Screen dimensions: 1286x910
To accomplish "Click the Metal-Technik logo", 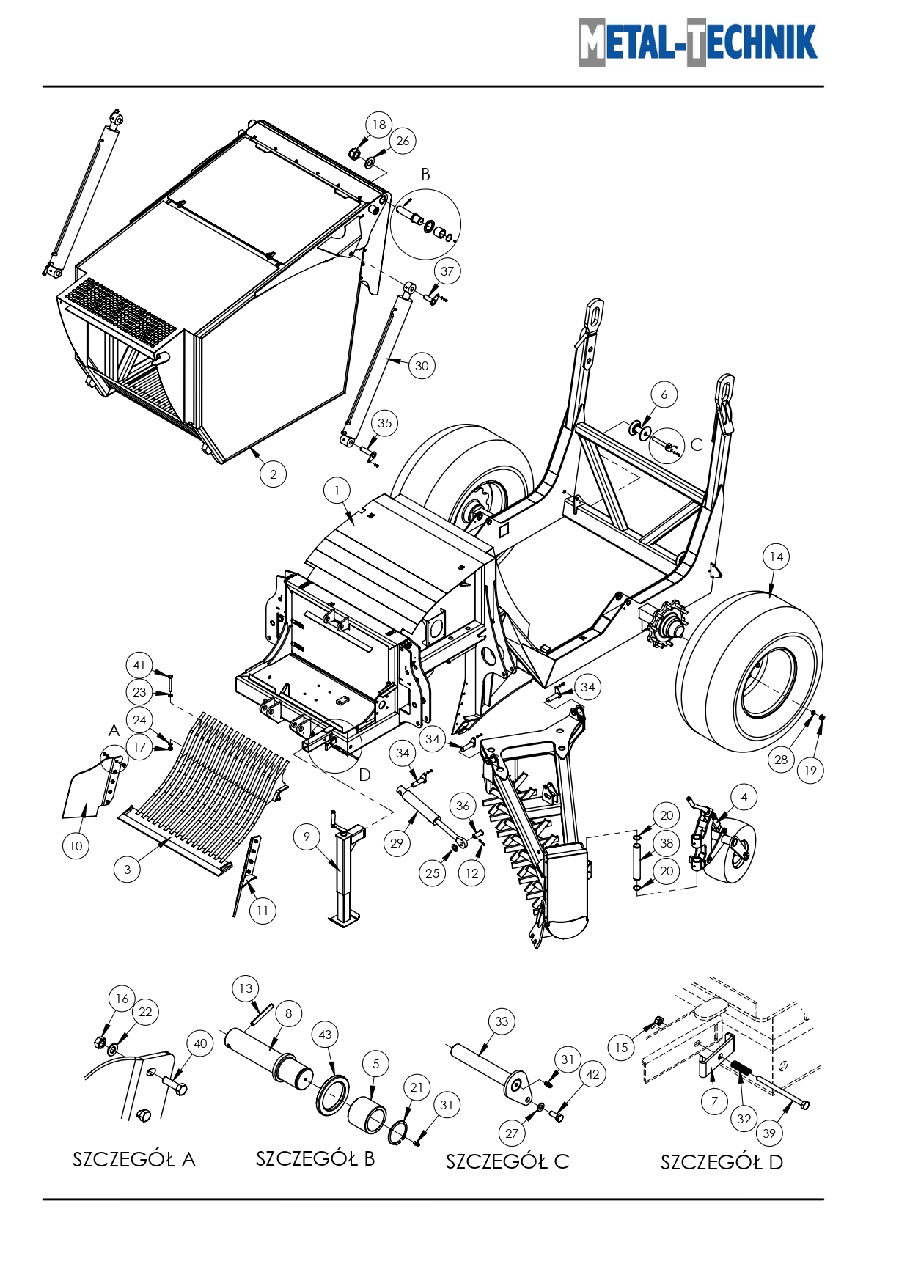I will click(x=697, y=42).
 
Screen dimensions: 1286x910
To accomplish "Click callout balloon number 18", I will click(x=378, y=125).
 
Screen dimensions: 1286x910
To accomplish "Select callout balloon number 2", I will click(x=273, y=474).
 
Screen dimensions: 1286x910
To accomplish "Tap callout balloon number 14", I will click(x=776, y=556).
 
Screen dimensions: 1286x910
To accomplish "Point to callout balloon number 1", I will click(x=337, y=490).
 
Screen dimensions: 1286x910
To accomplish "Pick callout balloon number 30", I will click(x=421, y=366).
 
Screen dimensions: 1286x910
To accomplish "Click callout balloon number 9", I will click(x=307, y=837).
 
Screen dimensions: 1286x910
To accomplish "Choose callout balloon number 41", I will click(x=139, y=665).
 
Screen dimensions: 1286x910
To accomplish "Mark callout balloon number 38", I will click(x=666, y=843).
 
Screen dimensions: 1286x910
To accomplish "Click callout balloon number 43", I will click(x=325, y=1035).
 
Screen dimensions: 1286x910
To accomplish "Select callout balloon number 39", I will click(x=768, y=1133).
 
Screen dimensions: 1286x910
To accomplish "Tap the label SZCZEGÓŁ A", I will click(x=133, y=1159).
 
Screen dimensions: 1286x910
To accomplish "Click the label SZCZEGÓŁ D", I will click(x=722, y=1162).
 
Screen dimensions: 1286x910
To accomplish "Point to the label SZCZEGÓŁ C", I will click(x=507, y=1161).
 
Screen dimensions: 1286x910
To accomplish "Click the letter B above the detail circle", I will click(x=425, y=174).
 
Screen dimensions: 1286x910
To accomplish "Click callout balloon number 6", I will click(x=664, y=394).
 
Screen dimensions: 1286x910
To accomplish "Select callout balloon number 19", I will click(x=810, y=770).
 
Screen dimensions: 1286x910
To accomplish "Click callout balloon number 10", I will click(x=76, y=846).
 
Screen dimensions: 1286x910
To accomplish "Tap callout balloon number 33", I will click(x=501, y=1021).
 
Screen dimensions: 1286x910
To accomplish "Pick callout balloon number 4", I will click(x=744, y=797).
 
